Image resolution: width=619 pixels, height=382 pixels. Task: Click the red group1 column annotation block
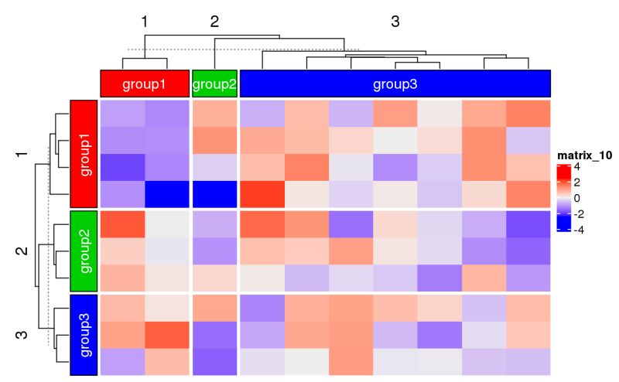click(145, 84)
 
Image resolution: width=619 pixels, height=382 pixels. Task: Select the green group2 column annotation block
click(214, 84)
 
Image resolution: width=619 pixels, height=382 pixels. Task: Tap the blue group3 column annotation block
click(395, 84)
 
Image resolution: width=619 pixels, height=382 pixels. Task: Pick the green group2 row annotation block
click(84, 251)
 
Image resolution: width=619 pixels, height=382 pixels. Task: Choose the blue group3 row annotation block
click(84, 334)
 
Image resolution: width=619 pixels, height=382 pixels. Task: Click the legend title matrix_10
click(585, 155)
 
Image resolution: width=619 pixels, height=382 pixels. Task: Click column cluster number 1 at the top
click(145, 22)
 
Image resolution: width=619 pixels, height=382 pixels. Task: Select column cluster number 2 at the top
click(214, 22)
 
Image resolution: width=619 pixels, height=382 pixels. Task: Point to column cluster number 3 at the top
click(395, 22)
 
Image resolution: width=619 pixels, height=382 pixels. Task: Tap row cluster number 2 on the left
click(22, 251)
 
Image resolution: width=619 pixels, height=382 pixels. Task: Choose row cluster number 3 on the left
click(22, 334)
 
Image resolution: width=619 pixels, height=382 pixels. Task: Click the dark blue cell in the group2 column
click(214, 193)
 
